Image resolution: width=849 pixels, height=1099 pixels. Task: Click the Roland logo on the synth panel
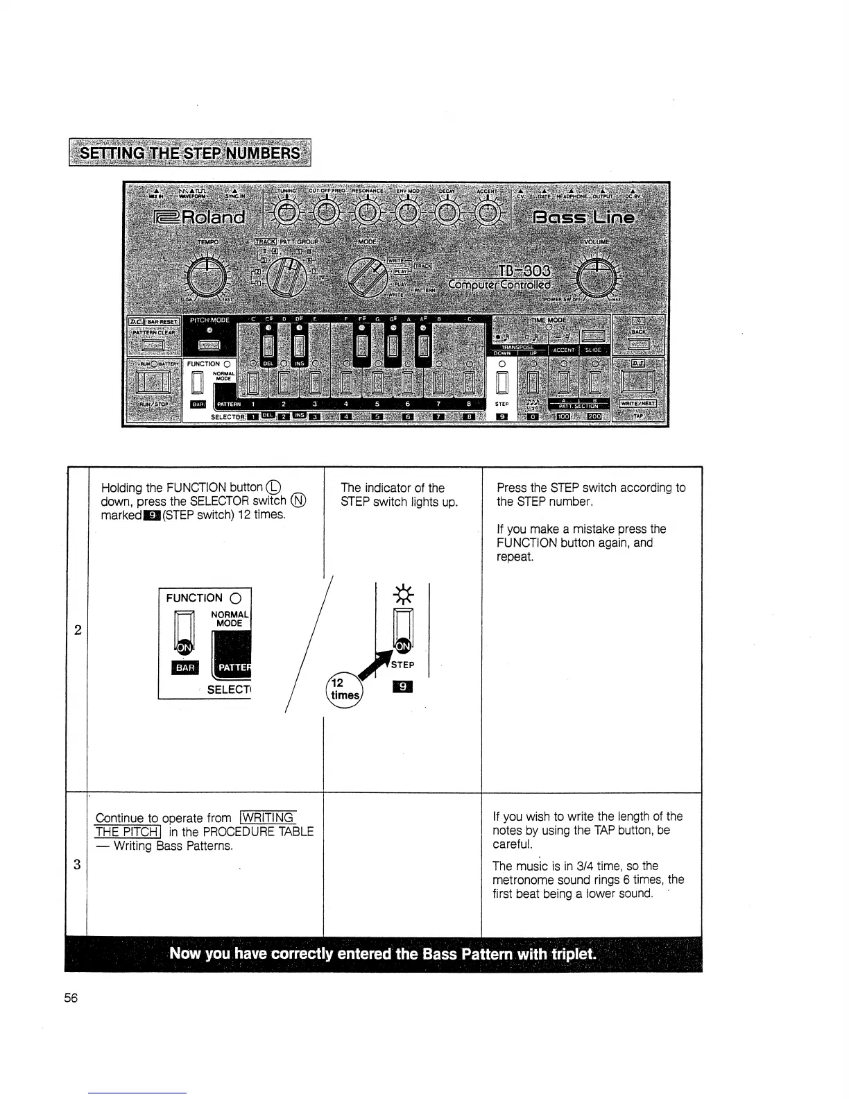pyautogui.click(x=200, y=218)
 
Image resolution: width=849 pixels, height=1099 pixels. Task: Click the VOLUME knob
pyautogui.click(x=595, y=280)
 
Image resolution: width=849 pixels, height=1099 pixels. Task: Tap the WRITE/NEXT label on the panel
pyautogui.click(x=637, y=403)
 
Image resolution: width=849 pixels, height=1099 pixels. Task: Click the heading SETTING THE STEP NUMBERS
pyautogui.click(x=189, y=153)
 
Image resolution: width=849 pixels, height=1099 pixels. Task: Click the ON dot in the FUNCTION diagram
pyautogui.click(x=183, y=647)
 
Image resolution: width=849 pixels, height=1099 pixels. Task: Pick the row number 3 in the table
pyautogui.click(x=76, y=864)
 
